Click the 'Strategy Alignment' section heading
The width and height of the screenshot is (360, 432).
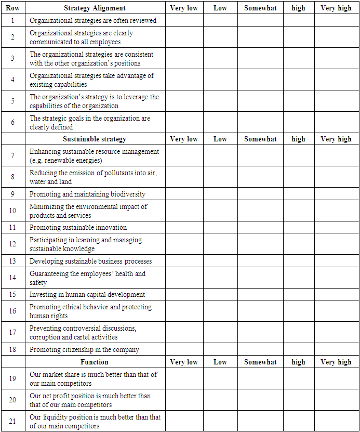tap(95, 8)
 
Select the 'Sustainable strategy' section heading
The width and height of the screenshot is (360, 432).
tap(95, 139)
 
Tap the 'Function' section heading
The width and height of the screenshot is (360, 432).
tap(95, 362)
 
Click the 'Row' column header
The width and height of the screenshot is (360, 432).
tap(13, 8)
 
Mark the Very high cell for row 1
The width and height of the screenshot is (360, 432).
tap(336, 20)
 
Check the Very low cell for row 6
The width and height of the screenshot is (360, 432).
tap(184, 122)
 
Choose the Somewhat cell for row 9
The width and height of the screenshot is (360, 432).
tap(260, 194)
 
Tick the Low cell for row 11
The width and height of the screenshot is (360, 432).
tap(220, 227)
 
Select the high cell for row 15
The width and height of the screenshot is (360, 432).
tap(298, 294)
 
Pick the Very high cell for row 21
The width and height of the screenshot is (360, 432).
tap(336, 421)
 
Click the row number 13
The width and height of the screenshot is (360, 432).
tap(13, 261)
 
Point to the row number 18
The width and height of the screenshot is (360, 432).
tap(13, 349)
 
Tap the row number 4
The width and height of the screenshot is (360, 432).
tap(13, 80)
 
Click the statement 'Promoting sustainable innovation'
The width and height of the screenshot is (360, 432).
tap(78, 227)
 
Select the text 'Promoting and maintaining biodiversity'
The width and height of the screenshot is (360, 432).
tap(87, 194)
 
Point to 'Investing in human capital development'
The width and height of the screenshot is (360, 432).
tap(87, 294)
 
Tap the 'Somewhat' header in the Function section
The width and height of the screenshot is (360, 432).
tap(260, 362)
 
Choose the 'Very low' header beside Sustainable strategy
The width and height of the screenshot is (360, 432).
tap(184, 139)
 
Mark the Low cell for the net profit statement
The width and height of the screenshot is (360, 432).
tap(220, 400)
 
